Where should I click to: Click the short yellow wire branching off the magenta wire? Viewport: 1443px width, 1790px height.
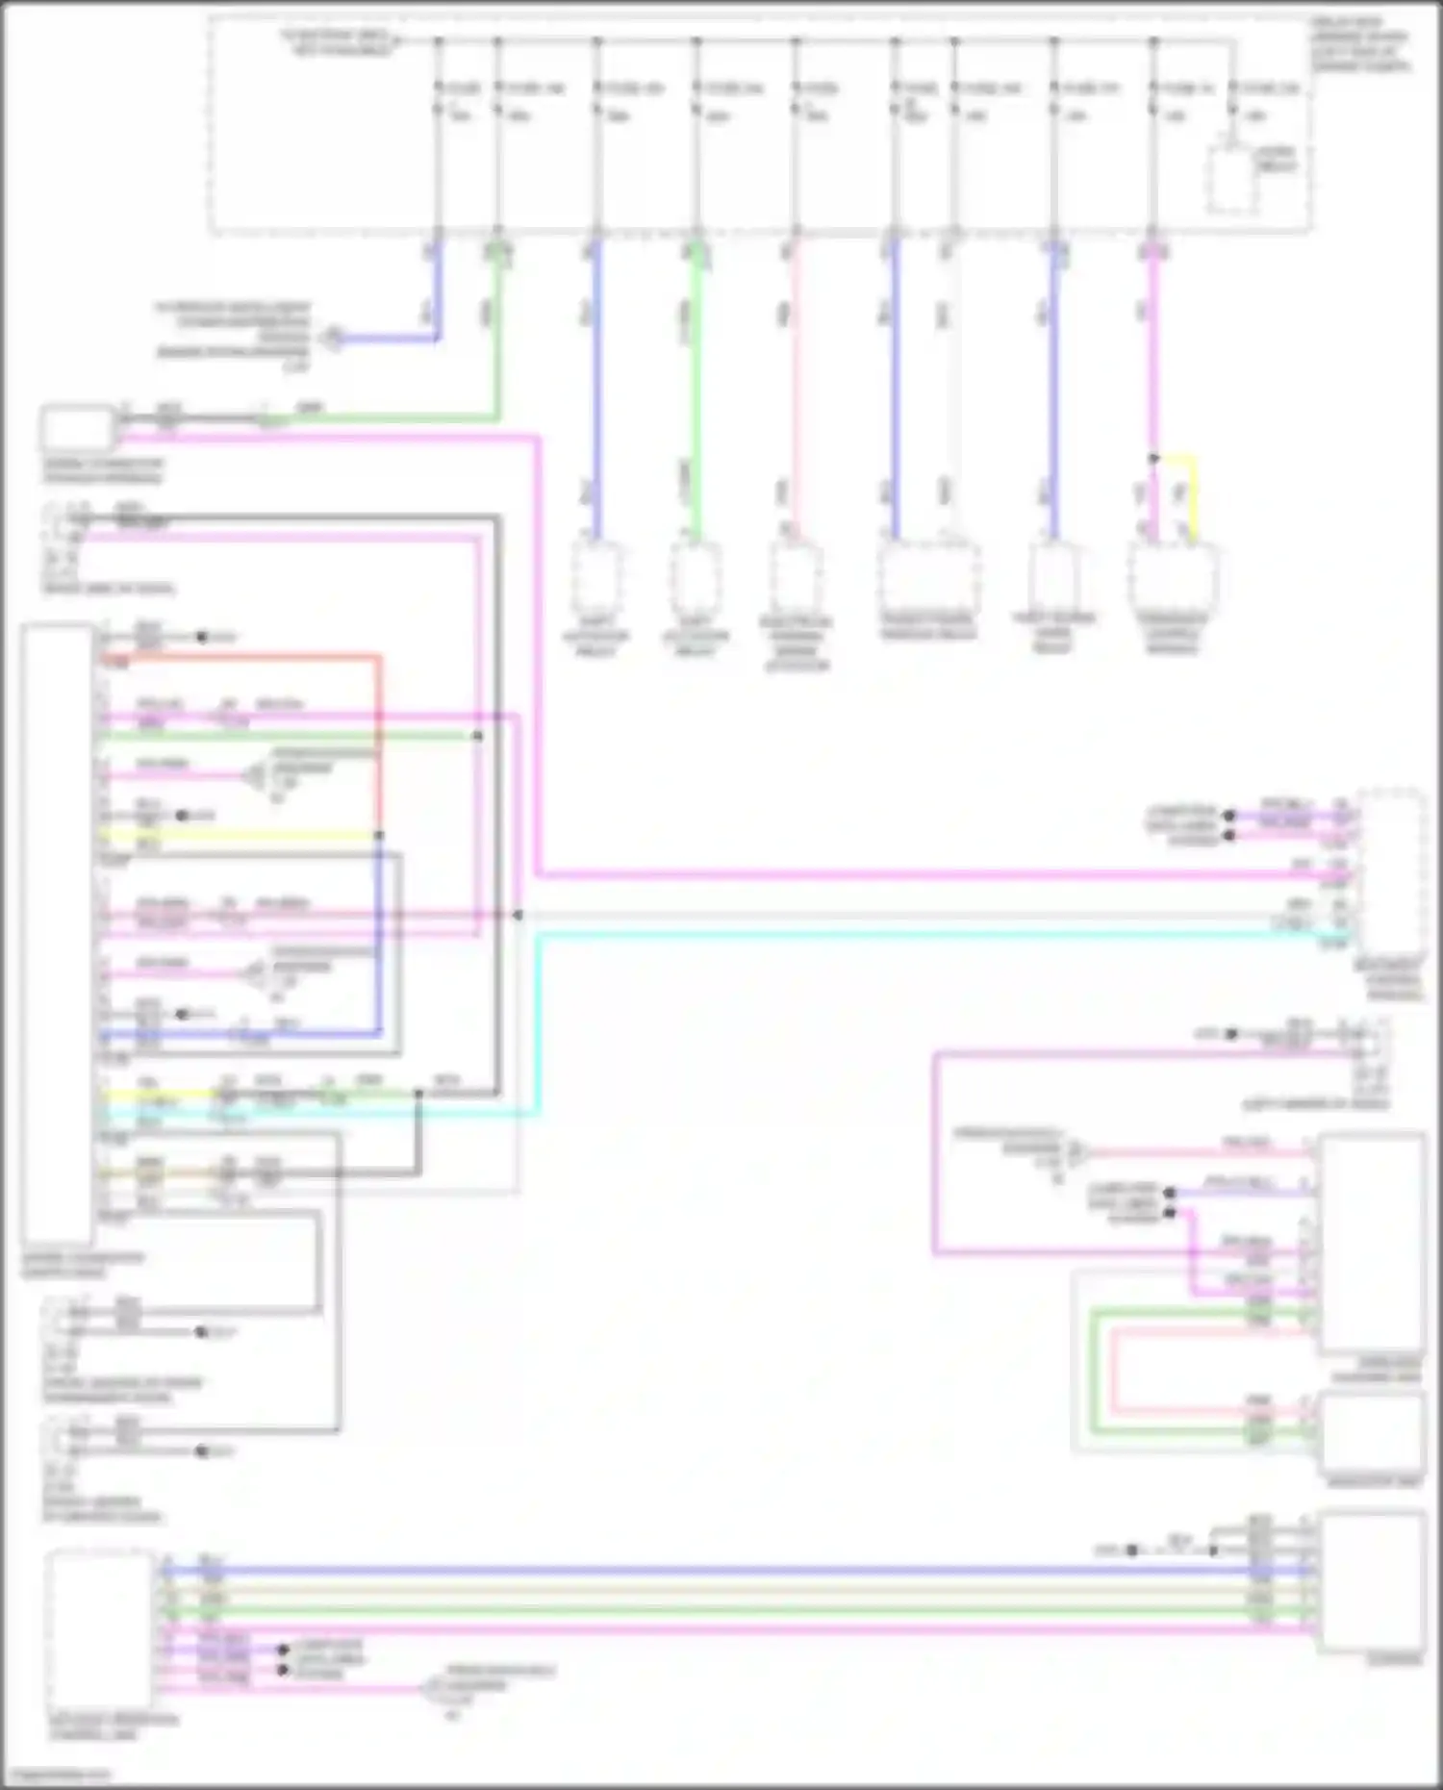click(x=1194, y=491)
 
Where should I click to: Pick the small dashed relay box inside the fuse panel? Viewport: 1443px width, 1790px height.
click(x=1231, y=181)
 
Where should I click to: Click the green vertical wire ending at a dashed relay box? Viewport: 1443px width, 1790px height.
click(x=696, y=385)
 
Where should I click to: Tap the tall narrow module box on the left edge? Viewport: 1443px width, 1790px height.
click(x=58, y=933)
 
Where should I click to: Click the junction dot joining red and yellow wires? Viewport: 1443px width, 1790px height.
click(x=378, y=835)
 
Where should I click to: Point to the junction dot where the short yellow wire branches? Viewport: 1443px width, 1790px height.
click(x=1153, y=458)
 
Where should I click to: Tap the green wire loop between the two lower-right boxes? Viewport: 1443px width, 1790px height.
click(x=1094, y=1371)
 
